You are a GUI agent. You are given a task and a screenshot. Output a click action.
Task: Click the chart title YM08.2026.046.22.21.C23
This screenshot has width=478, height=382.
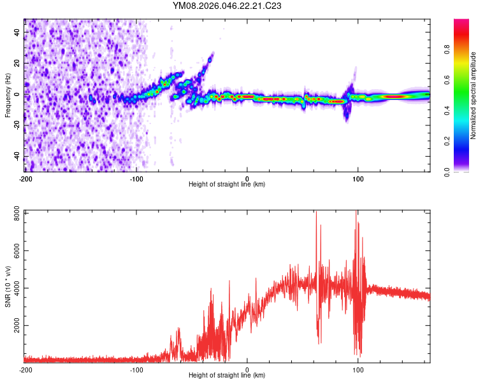228,6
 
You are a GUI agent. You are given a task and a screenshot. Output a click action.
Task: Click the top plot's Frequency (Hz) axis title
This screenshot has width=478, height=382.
8,95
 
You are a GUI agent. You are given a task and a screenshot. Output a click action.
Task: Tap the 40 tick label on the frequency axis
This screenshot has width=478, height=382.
17,32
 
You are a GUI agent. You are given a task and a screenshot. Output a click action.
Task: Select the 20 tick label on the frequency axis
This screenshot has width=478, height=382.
17,63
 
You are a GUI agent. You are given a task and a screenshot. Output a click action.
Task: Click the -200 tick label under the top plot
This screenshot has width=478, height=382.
25,178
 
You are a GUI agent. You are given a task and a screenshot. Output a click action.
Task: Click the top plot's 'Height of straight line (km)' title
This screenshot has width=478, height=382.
227,185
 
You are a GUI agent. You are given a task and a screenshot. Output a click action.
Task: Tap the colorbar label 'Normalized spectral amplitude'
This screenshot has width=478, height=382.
474,95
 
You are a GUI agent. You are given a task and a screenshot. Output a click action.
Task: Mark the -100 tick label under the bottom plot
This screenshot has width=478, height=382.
136,369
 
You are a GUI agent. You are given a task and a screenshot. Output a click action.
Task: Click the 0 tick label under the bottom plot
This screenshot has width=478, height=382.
247,369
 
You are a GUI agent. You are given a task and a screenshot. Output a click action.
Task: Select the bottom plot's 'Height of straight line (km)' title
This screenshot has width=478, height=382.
227,376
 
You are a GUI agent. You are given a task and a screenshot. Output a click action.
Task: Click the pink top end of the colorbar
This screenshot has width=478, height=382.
461,22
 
